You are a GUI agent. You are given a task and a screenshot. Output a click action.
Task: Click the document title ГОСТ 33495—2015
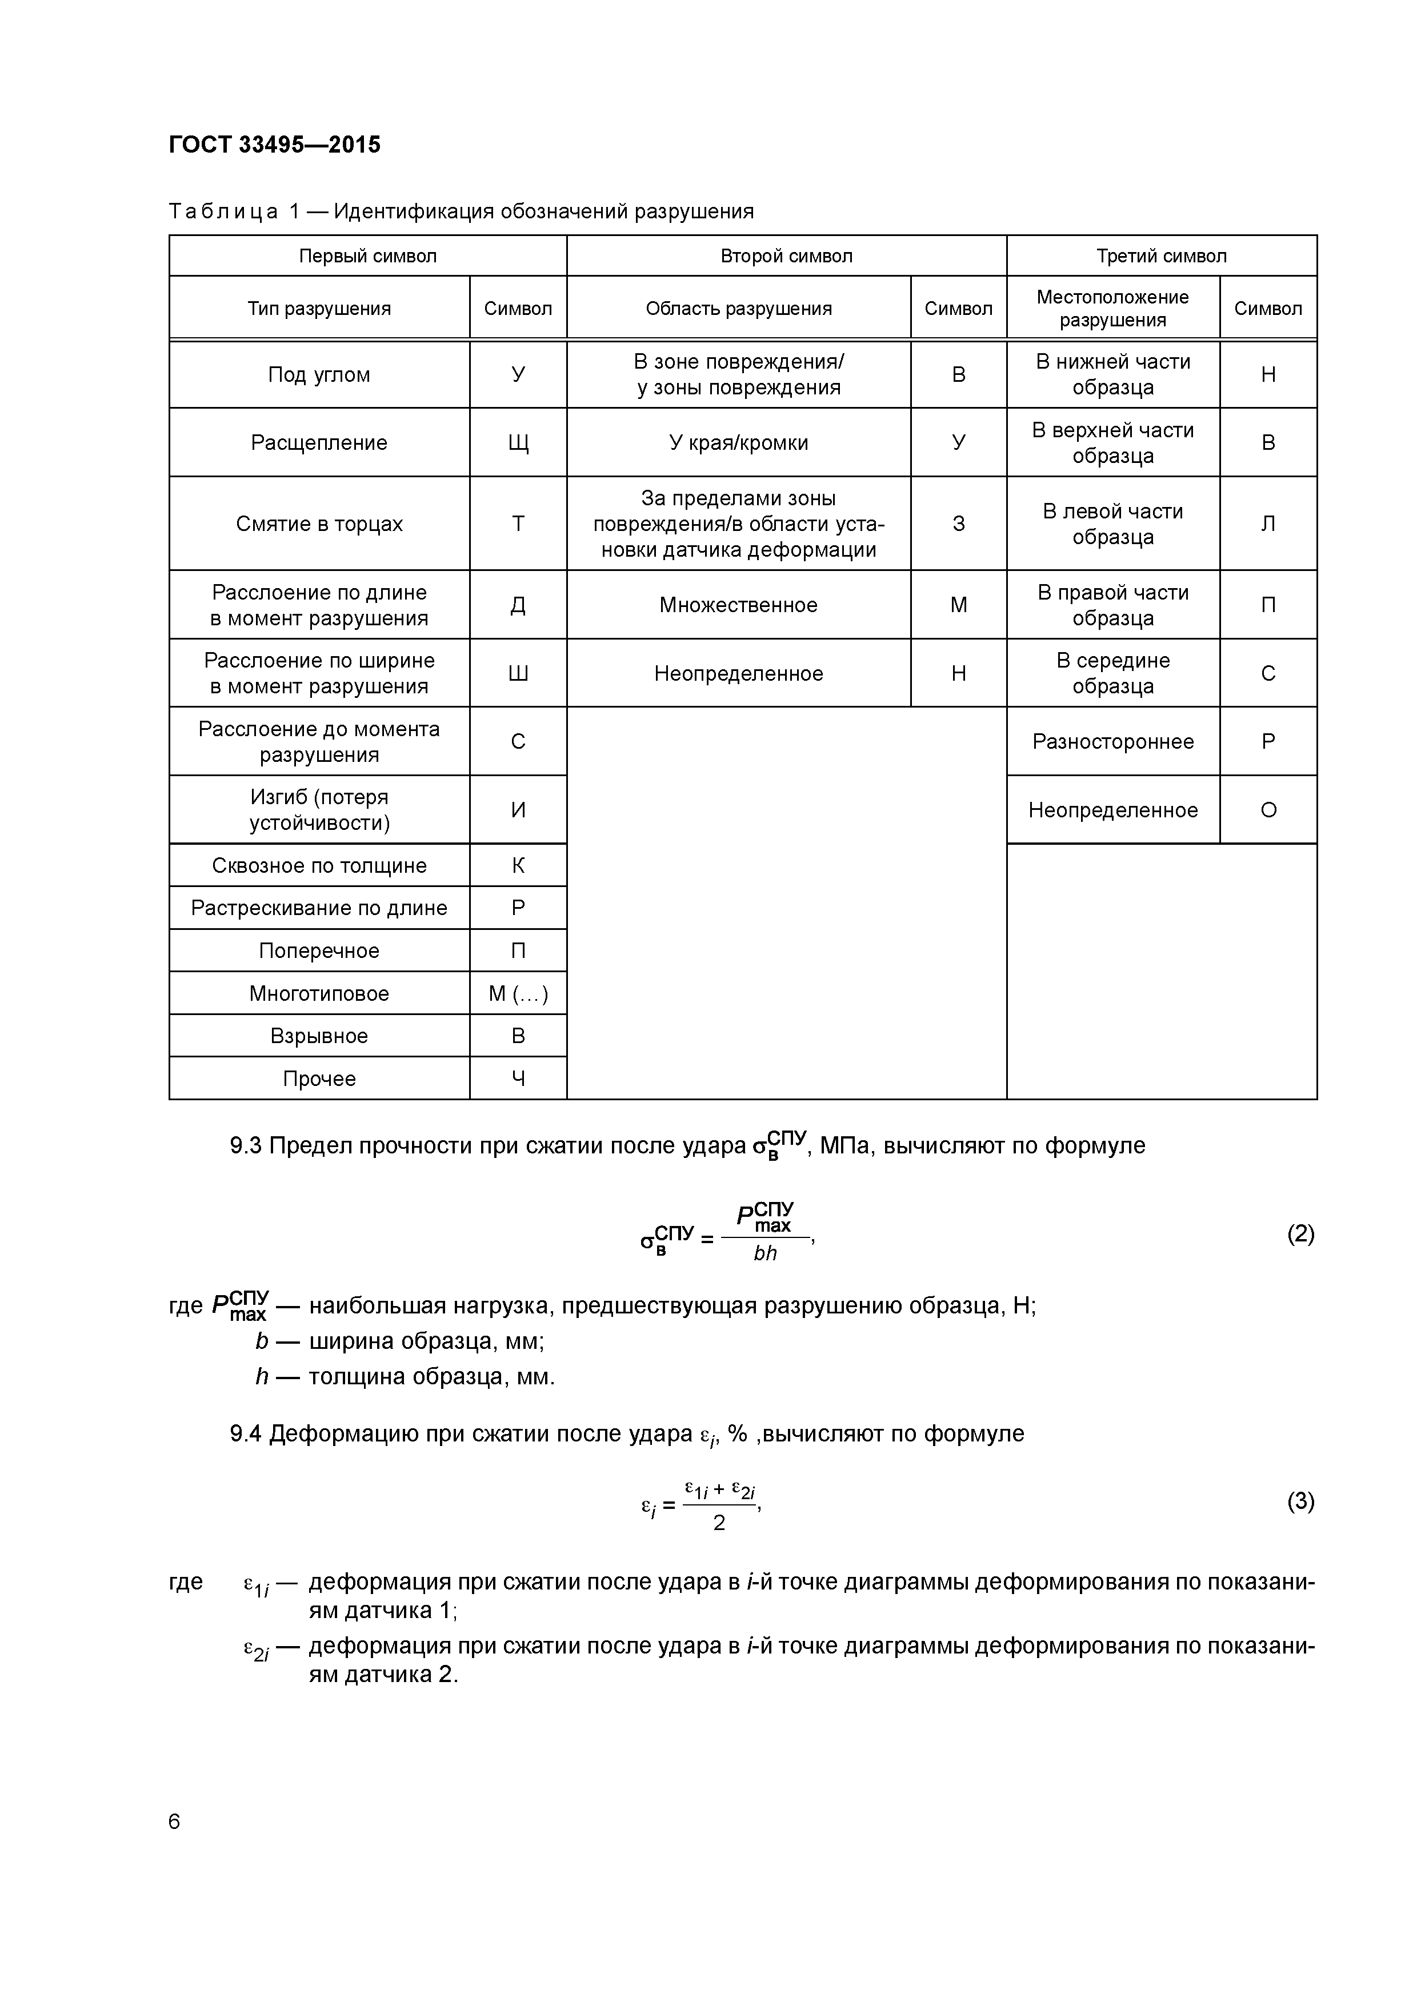click(274, 144)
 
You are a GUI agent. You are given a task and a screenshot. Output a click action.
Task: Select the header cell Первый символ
click(367, 256)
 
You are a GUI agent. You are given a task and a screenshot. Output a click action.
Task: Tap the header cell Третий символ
click(1161, 256)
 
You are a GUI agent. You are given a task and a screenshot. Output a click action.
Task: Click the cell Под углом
click(319, 374)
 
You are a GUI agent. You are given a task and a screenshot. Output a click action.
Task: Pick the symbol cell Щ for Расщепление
click(518, 443)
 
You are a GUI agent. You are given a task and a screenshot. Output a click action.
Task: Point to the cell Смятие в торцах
click(319, 524)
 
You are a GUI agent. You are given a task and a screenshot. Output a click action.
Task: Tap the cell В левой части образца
click(1112, 524)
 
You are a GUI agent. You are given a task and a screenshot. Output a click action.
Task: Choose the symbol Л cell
click(1268, 524)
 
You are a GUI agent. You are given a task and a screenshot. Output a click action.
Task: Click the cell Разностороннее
click(1112, 741)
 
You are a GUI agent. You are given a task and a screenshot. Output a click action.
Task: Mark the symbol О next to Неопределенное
click(1268, 810)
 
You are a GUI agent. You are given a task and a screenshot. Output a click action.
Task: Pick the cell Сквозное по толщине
click(319, 865)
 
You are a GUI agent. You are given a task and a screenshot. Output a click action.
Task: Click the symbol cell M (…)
click(518, 994)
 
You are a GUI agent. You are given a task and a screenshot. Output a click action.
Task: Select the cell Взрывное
click(319, 1037)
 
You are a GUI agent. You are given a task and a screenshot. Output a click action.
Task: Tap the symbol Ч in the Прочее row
click(518, 1079)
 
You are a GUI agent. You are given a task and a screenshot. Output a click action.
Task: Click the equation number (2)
click(1300, 1234)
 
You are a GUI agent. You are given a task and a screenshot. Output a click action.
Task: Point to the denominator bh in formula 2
click(765, 1253)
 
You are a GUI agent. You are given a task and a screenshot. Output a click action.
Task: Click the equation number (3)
click(1300, 1501)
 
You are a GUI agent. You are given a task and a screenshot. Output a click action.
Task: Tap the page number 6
click(175, 1822)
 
